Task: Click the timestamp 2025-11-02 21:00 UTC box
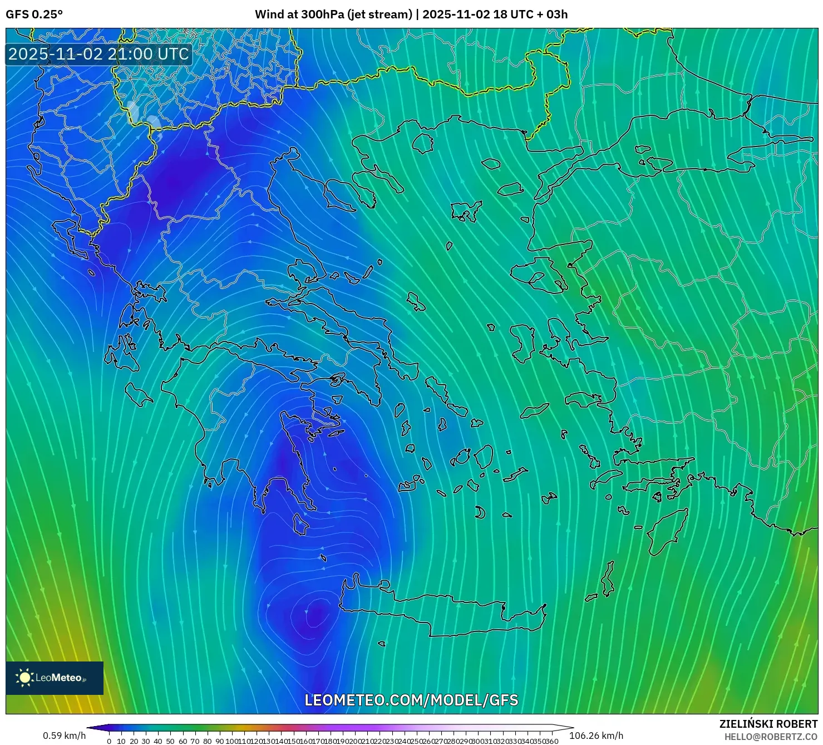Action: click(x=98, y=54)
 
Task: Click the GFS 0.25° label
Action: click(x=34, y=14)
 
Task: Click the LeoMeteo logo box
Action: click(x=55, y=678)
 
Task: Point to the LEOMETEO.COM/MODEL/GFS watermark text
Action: click(x=411, y=700)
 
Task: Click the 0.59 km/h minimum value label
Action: click(x=64, y=736)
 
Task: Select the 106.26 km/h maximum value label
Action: click(x=596, y=736)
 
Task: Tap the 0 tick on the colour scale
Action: click(x=109, y=741)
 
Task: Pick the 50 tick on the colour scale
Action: click(x=170, y=741)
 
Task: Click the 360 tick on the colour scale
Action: click(x=551, y=741)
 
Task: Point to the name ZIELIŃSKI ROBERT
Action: click(x=768, y=724)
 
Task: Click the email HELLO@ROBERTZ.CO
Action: click(x=771, y=737)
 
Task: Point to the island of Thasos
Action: click(x=423, y=143)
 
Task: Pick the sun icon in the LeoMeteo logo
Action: click(x=24, y=678)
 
